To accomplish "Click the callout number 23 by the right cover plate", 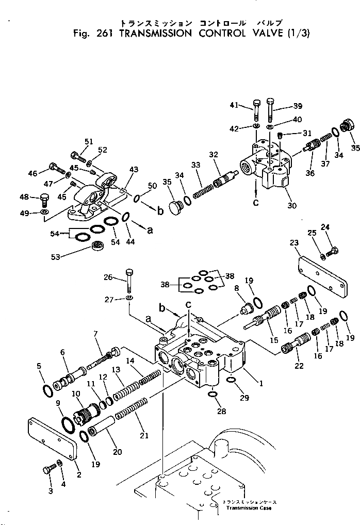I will coord(294,242).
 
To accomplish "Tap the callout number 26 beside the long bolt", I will coord(107,277).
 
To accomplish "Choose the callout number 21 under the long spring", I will coord(144,435).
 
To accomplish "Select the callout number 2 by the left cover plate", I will coord(78,474).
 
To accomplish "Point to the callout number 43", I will coord(134,170).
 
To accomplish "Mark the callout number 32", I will coord(214,154).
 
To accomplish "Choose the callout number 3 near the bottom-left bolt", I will coord(50,491).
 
